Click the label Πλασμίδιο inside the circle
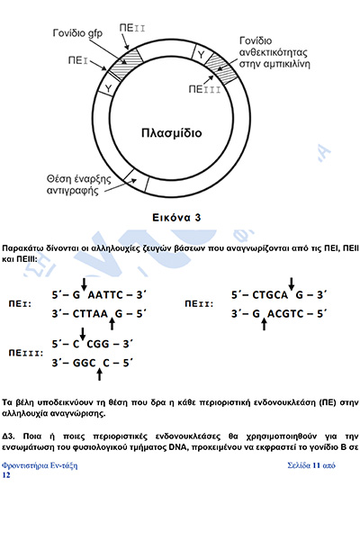coord(172,133)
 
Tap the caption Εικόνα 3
coord(176,218)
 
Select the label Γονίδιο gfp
coord(77,33)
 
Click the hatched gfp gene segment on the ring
coord(125,63)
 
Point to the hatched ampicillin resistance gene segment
coord(221,68)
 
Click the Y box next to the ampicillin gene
coord(200,53)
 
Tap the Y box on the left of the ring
coord(107,88)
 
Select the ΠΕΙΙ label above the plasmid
coord(132,28)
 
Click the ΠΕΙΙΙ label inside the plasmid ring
coord(204,89)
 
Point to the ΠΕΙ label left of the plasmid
coord(78,60)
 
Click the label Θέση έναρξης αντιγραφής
coord(79,184)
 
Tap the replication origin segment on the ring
coord(136,181)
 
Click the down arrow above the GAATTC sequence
coord(84,284)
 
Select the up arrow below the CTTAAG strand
coord(112,324)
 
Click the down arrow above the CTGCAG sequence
coord(292,284)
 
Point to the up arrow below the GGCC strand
coord(99,373)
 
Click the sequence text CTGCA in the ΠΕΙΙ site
coord(270,295)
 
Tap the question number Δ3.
coord(8,436)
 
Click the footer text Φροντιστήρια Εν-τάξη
coord(40,465)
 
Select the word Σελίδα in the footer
coord(299,465)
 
